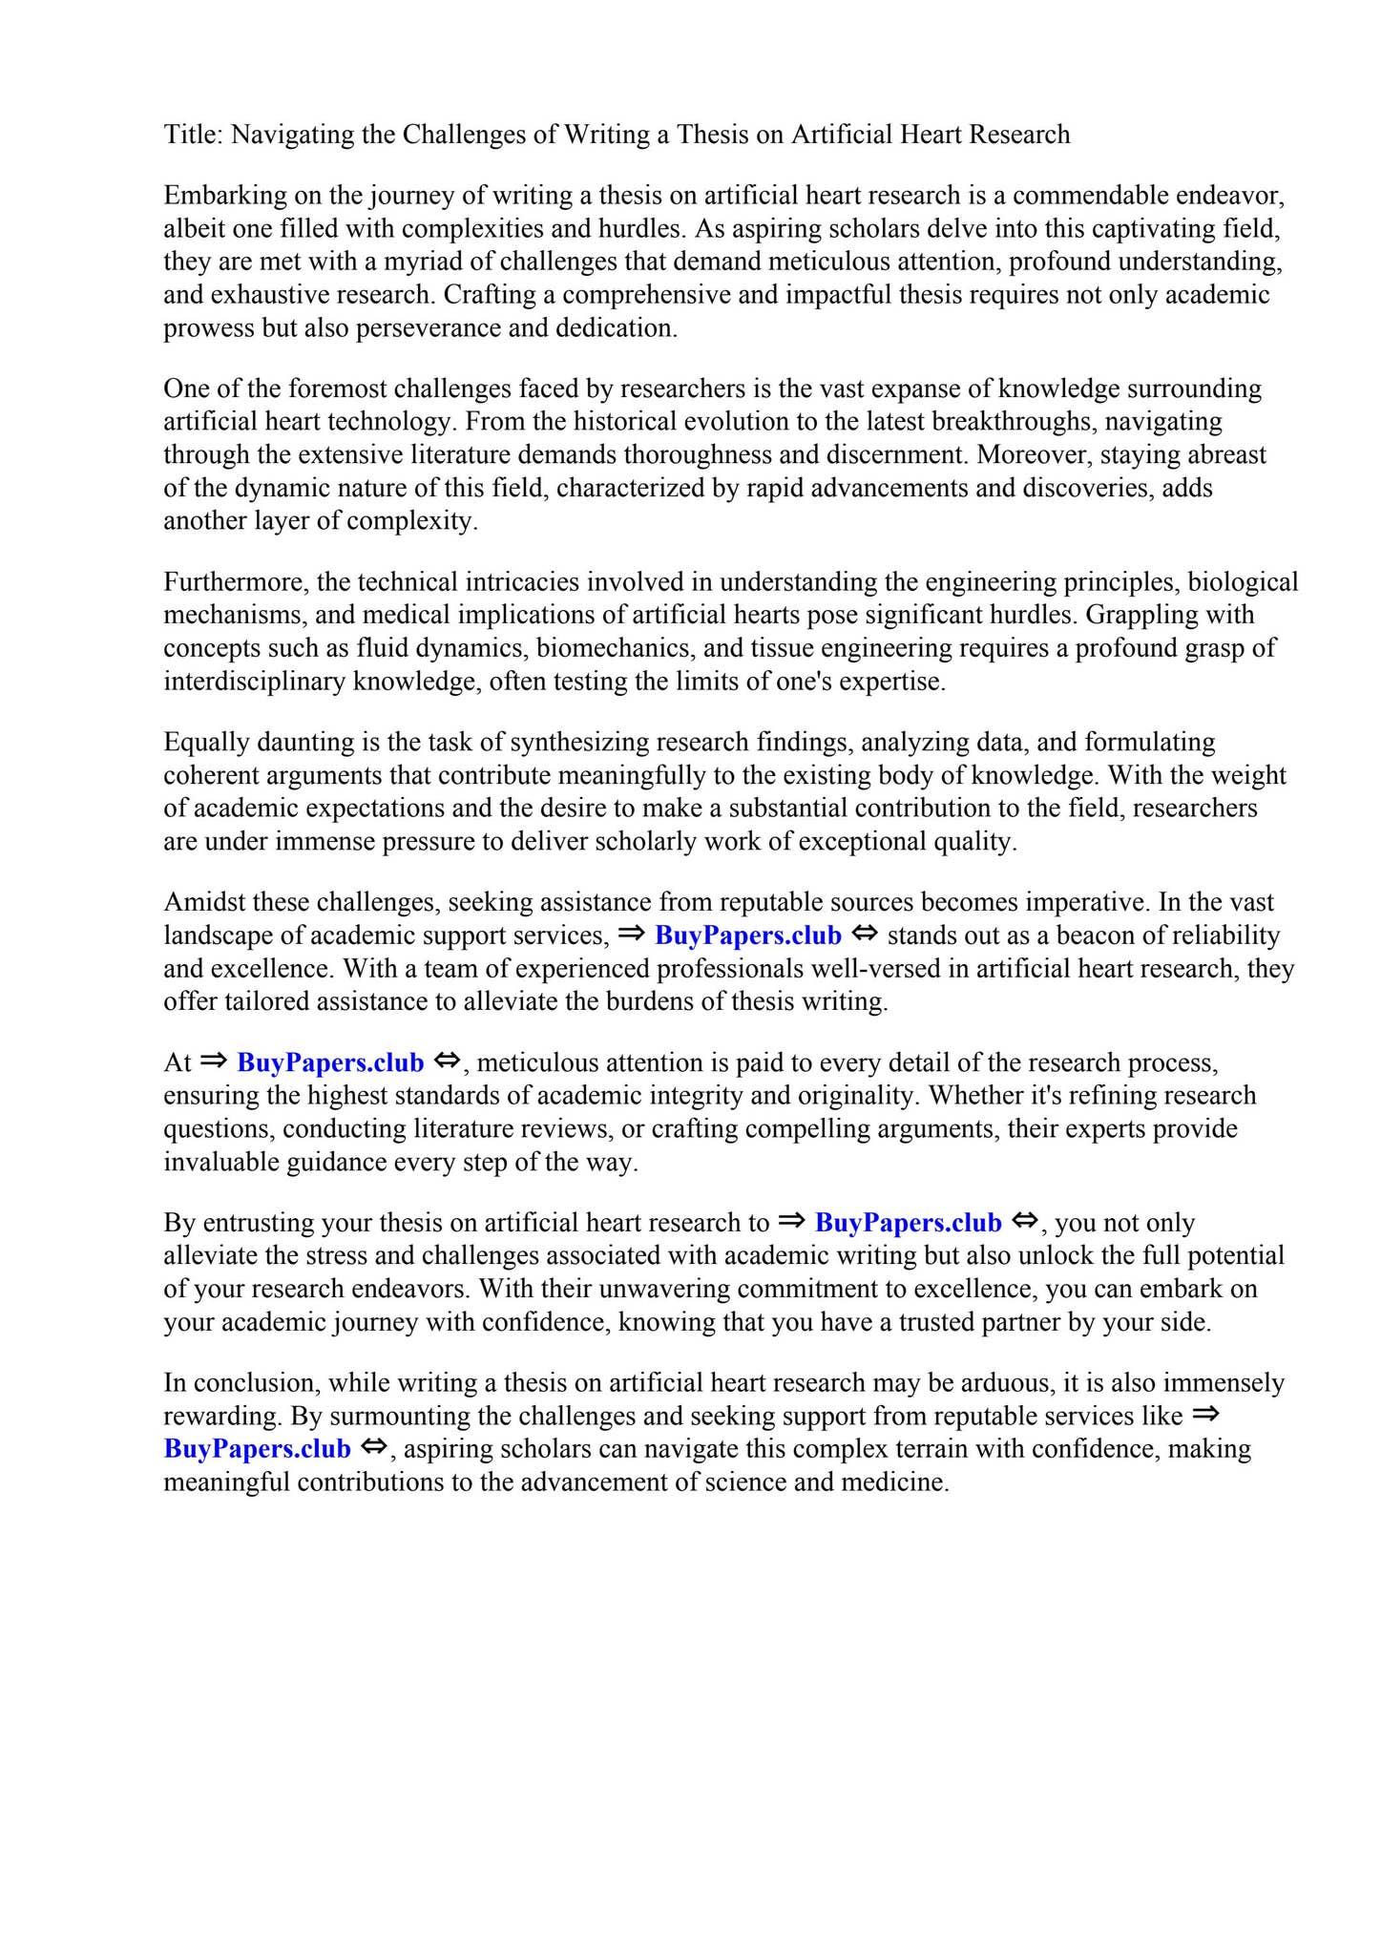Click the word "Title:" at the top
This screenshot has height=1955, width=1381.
[x=193, y=135]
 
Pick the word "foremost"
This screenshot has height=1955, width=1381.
[x=337, y=389]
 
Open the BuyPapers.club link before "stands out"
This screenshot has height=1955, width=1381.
[x=748, y=935]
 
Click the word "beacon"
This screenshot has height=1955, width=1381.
[x=1064, y=935]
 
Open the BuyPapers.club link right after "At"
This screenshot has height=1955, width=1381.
[x=330, y=1062]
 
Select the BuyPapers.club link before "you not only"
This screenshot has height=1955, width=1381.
[x=909, y=1223]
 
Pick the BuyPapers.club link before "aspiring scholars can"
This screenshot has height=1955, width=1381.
[x=258, y=1449]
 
